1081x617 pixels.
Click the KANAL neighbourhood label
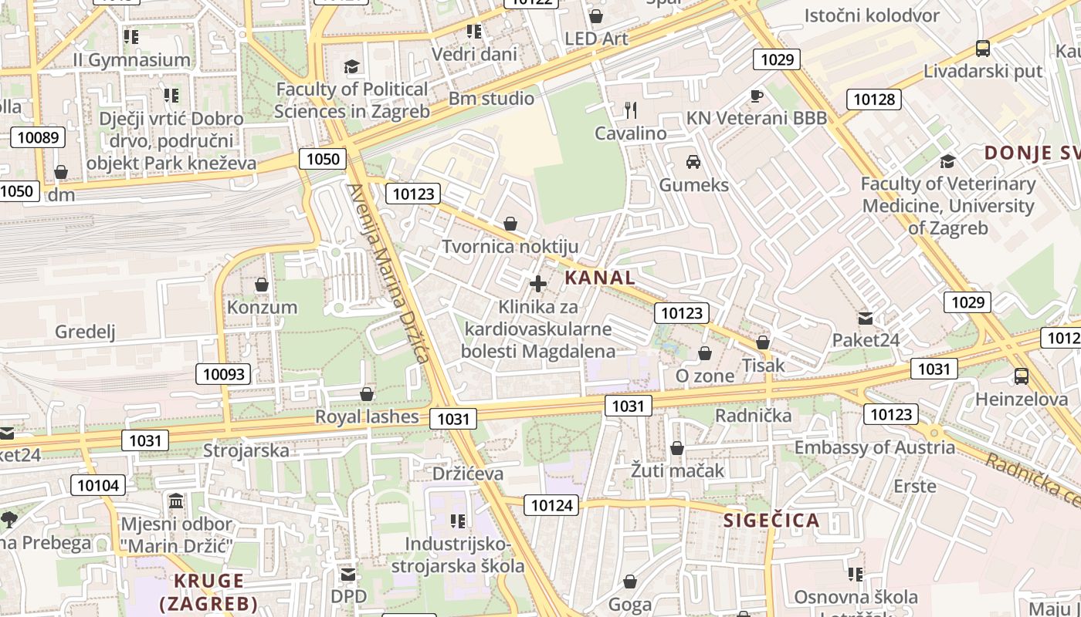click(600, 278)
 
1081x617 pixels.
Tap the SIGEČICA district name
click(771, 520)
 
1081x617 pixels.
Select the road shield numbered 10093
click(224, 375)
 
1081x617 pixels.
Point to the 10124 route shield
click(552, 505)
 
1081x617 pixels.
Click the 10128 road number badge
click(874, 99)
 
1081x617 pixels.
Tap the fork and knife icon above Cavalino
click(631, 110)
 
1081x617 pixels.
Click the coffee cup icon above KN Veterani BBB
click(756, 96)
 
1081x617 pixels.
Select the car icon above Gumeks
click(693, 162)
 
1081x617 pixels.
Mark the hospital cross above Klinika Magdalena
click(538, 284)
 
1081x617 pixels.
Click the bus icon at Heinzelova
click(1021, 376)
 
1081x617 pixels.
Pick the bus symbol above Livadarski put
click(983, 49)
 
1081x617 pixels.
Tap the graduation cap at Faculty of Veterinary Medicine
click(947, 161)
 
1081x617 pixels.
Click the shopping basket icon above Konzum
click(262, 285)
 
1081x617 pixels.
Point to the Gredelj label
click(85, 332)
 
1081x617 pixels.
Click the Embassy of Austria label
click(874, 447)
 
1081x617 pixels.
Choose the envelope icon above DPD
click(348, 575)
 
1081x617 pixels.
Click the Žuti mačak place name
click(677, 470)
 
